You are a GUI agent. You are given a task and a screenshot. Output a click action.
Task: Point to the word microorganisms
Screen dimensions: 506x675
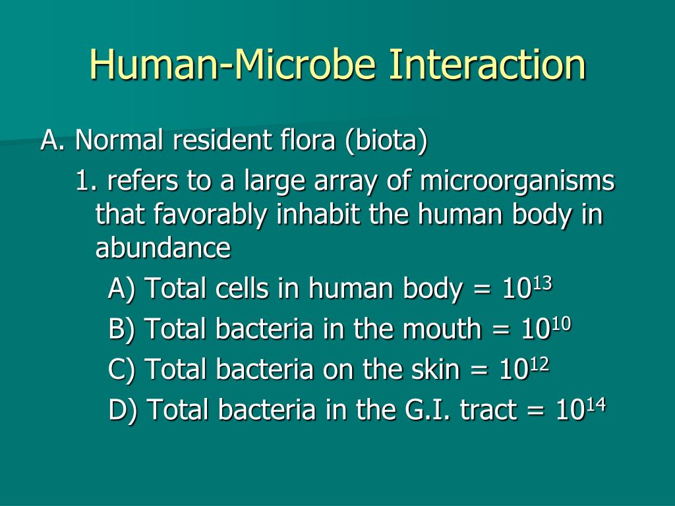517,181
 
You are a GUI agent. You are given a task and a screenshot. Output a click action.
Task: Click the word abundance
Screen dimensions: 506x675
163,248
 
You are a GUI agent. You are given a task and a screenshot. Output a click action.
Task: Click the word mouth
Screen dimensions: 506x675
443,329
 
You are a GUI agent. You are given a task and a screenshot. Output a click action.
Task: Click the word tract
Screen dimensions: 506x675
488,410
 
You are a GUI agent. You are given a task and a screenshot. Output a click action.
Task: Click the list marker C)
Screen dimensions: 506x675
123,370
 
